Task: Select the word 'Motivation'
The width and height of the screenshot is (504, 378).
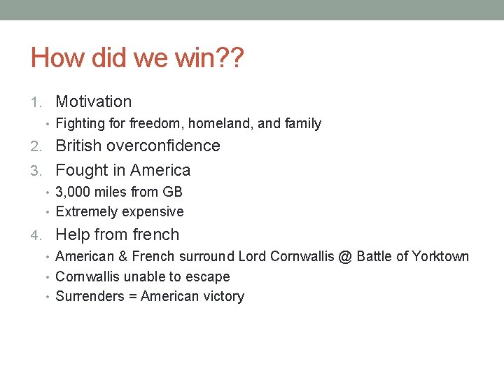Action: tap(93, 101)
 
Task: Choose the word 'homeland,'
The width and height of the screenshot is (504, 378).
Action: tap(225, 124)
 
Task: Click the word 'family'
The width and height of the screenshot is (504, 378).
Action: tap(302, 124)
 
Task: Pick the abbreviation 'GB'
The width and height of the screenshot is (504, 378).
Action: tap(172, 192)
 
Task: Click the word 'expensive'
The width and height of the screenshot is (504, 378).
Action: tap(151, 211)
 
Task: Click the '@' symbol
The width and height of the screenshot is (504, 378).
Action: tap(345, 256)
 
